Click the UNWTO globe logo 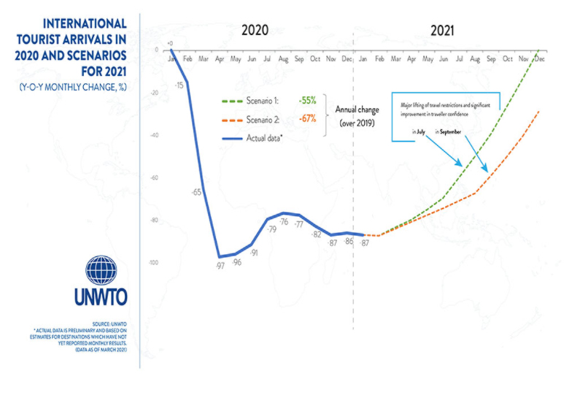click(x=101, y=270)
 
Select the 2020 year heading click(x=255, y=30)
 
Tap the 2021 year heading click(x=443, y=30)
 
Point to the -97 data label click(x=220, y=265)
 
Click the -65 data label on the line click(x=196, y=192)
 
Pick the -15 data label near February click(x=179, y=85)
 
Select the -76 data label click(x=283, y=222)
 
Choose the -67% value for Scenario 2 click(x=306, y=119)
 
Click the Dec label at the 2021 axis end click(x=539, y=58)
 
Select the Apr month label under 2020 click(x=219, y=58)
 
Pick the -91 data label click(x=254, y=253)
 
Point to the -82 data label click(x=316, y=234)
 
